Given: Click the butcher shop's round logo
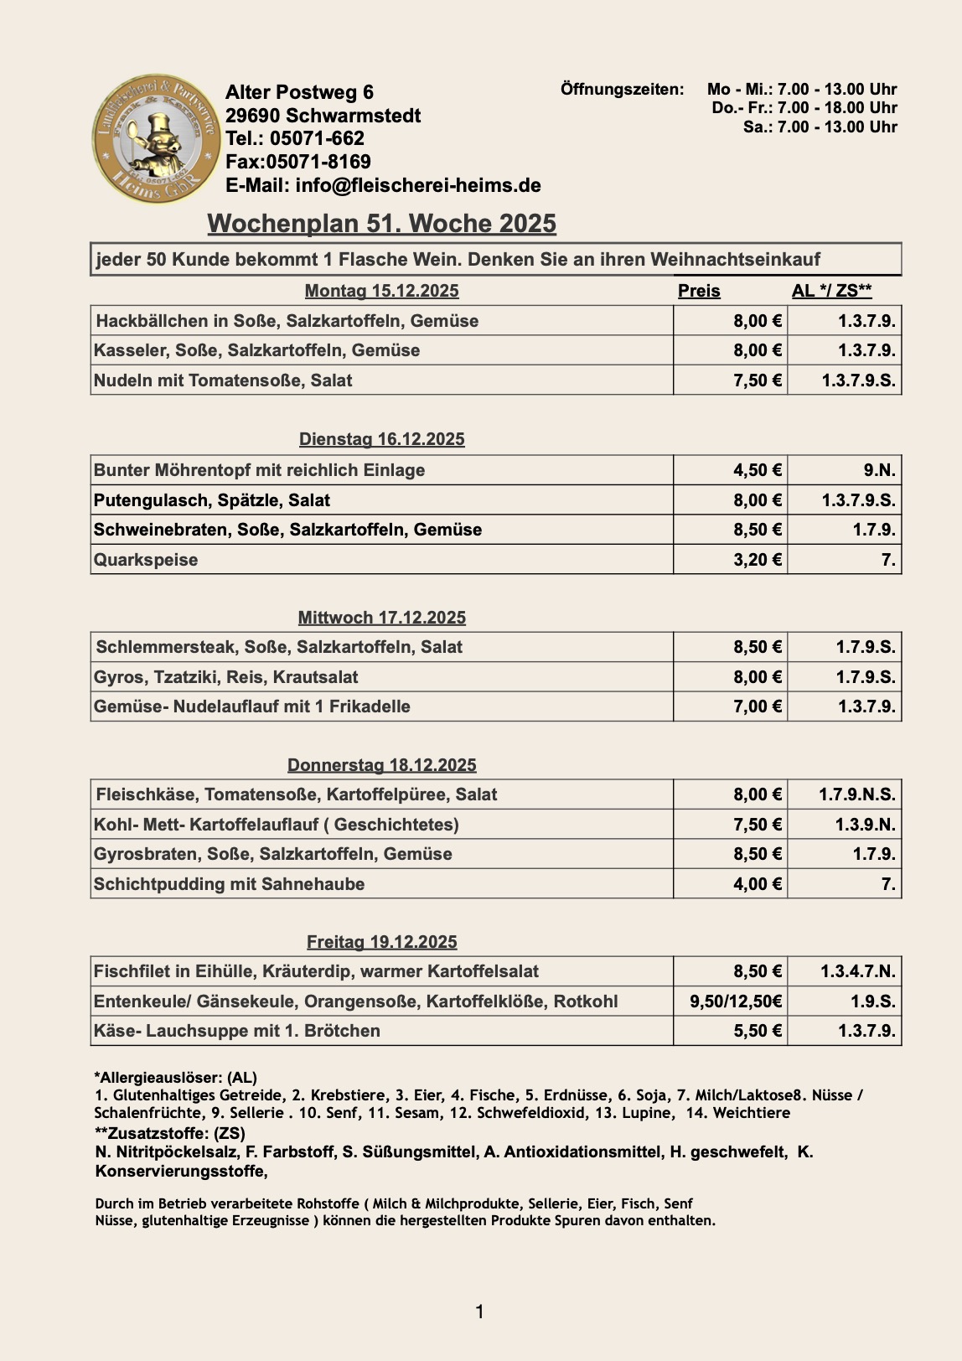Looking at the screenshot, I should (156, 138).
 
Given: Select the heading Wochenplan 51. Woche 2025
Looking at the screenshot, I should (381, 224).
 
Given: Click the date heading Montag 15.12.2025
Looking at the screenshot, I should (381, 291).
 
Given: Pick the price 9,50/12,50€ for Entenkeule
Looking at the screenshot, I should (736, 1001).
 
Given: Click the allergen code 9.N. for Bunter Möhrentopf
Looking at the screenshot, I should (879, 470).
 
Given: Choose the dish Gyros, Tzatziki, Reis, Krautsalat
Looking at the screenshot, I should (226, 677).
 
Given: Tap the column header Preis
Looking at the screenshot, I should (699, 291).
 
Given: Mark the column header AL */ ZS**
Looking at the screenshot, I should (831, 291).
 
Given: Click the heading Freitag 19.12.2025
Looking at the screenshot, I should (381, 942).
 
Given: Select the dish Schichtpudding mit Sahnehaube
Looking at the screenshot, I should (229, 884).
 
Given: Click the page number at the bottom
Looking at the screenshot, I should (479, 1312).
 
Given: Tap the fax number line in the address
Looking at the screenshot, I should (297, 162).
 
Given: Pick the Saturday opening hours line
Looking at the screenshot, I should (820, 127).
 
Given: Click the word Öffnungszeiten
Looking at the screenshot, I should (622, 89).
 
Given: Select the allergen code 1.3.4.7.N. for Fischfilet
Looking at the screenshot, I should (858, 971).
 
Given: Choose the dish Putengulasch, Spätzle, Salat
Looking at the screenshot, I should (212, 500).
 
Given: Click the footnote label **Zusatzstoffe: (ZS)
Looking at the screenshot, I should (170, 1133).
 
